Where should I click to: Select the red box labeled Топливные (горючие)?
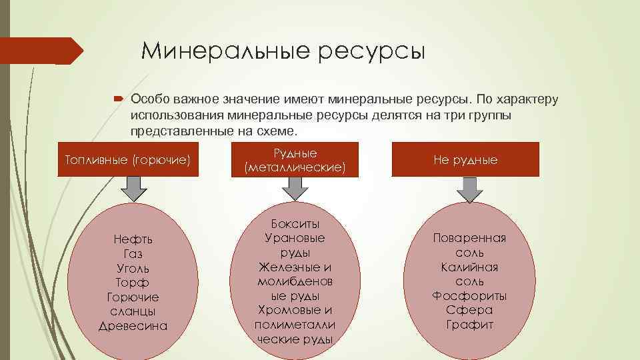pos(128,160)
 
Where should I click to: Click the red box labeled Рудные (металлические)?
pos(295,161)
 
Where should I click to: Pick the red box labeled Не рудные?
pos(465,160)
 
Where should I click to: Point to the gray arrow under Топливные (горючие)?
pos(133,189)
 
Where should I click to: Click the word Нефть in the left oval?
pos(133,239)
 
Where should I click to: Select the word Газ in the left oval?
pos(133,254)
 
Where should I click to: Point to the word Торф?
pos(133,283)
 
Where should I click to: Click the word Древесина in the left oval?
pos(133,326)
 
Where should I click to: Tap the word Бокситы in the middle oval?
pos(295,223)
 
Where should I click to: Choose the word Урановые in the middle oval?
pos(295,238)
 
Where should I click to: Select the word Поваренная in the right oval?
pos(470,238)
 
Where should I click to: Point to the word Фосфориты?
pos(470,295)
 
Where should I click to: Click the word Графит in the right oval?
pos(470,325)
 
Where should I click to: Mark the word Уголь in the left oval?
pos(133,268)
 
